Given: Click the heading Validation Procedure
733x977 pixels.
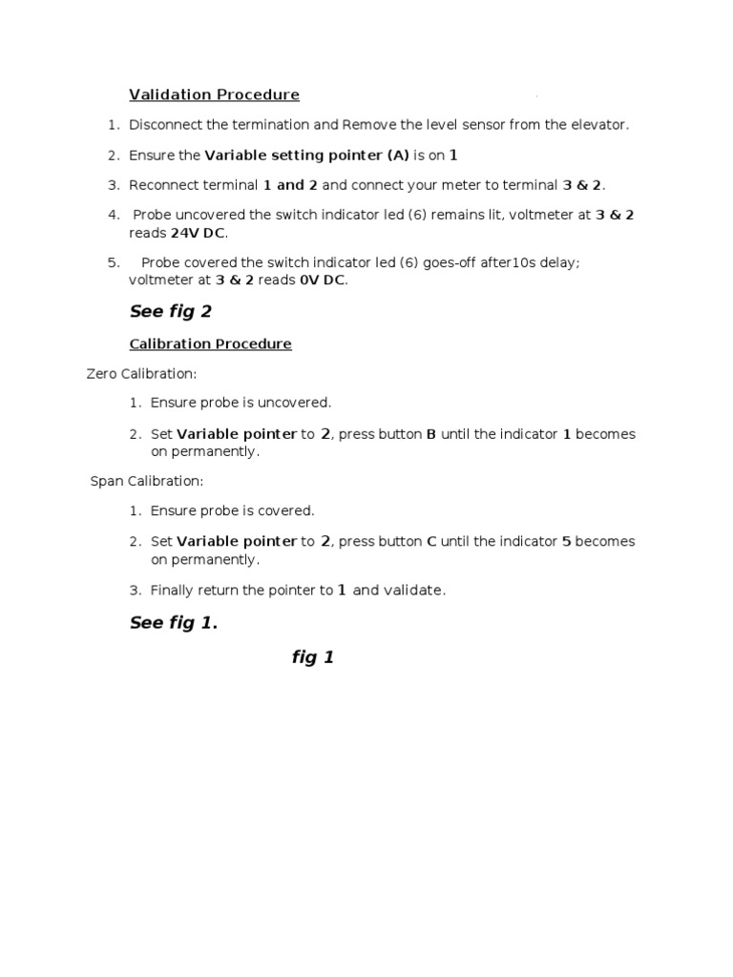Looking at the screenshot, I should pos(214,94).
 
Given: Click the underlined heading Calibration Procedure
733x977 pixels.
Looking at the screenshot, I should pos(210,343).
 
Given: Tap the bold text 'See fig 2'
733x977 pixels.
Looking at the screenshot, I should pos(170,312).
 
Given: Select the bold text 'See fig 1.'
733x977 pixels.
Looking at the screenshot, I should pos(174,623).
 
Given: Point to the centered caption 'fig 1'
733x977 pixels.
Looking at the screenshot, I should pos(313,657).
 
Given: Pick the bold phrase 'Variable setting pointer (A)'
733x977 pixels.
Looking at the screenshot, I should pos(306,156).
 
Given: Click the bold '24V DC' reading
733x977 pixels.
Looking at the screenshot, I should pos(199,233).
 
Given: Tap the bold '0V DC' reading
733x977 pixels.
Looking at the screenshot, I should pos(323,281).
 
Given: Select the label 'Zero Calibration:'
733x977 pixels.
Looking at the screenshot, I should pos(141,374).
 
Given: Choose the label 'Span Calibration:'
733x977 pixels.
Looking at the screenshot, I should pos(147,481).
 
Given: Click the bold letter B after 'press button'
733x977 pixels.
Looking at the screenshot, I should pos(431,434).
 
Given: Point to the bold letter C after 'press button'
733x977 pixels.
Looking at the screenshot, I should pos(431,541).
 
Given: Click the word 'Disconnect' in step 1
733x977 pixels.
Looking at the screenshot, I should pos(166,125).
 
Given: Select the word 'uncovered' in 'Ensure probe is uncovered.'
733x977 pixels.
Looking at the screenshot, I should pos(300,404).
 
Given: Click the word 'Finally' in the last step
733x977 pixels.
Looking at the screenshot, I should pos(172,591).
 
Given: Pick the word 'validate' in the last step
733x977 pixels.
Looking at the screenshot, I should pos(413,591).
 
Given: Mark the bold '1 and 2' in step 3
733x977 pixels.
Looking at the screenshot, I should pos(290,185).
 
